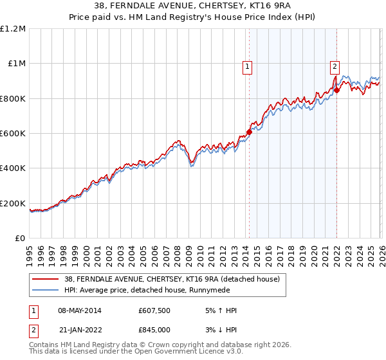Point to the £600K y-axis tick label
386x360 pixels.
(x=13, y=134)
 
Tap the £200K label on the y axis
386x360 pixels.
(x=13, y=203)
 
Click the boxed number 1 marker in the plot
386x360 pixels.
(x=248, y=65)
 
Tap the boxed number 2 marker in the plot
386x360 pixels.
(x=335, y=65)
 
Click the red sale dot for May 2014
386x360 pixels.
(x=249, y=132)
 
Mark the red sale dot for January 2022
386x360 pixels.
(x=336, y=91)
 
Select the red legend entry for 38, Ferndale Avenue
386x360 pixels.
(x=172, y=280)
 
